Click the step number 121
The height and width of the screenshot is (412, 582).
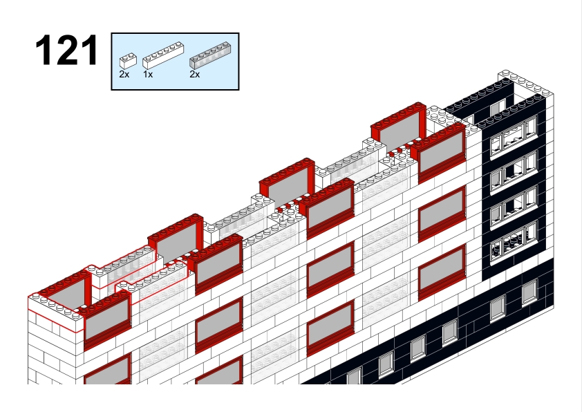click(67, 50)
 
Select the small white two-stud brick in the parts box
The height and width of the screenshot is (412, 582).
click(128, 61)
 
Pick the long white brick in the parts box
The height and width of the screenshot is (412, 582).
click(163, 55)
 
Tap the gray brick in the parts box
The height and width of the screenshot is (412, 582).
click(210, 55)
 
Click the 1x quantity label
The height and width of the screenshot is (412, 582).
click(148, 75)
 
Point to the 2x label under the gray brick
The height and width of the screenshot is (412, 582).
click(194, 75)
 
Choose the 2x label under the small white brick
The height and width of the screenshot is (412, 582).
click(124, 75)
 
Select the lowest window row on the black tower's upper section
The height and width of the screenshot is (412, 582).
click(514, 242)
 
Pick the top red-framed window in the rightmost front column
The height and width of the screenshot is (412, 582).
click(442, 153)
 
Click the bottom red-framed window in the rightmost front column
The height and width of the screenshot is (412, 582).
click(442, 272)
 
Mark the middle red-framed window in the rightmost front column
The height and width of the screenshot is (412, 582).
click(442, 214)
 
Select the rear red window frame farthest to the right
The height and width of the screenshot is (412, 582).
click(399, 124)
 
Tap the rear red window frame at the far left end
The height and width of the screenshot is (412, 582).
click(65, 290)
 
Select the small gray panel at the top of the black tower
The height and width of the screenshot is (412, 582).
click(498, 108)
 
